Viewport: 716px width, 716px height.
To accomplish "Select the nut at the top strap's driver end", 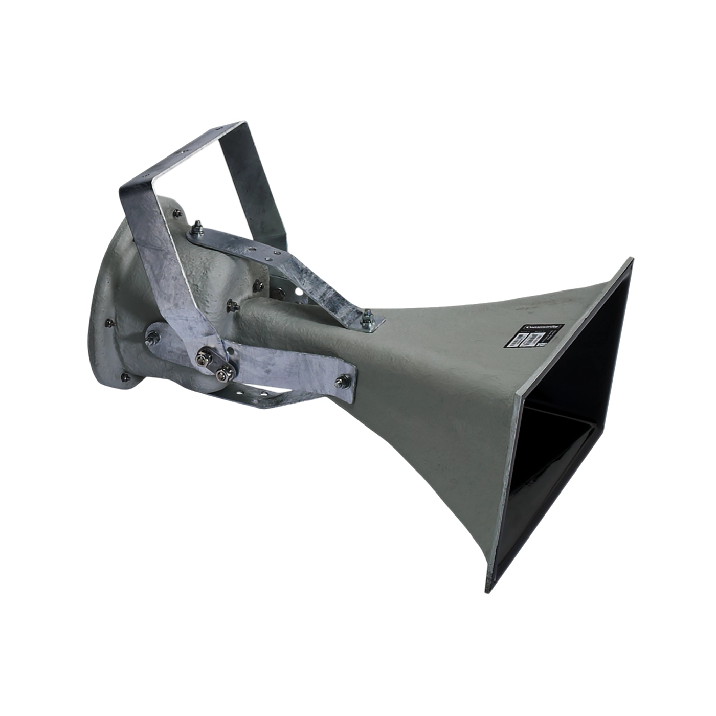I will click(x=196, y=226).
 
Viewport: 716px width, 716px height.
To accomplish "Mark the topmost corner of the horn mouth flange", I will click(x=632, y=259).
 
